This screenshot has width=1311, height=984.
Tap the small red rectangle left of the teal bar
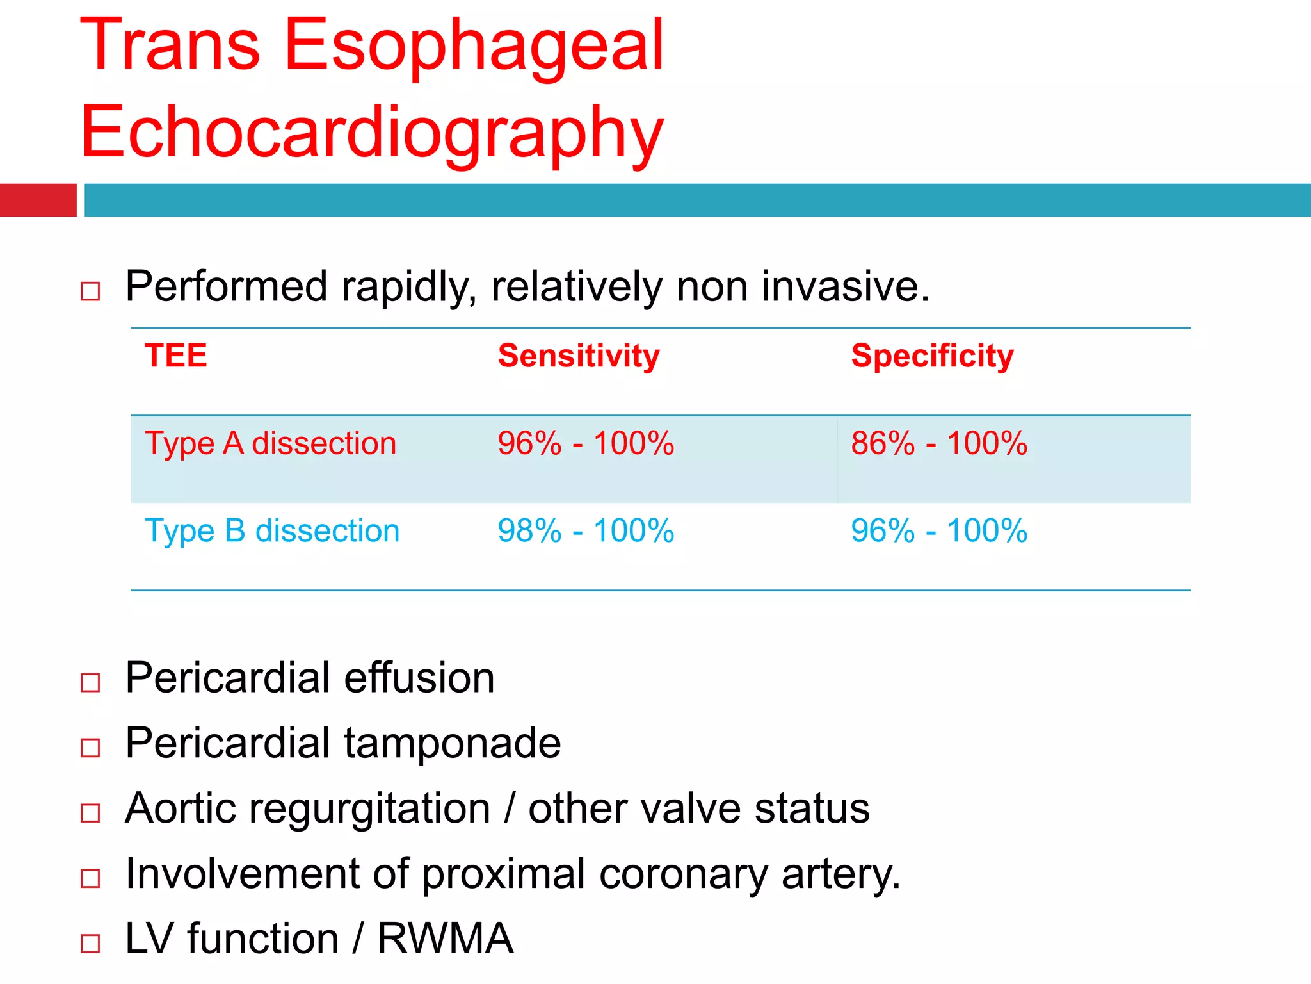tap(38, 200)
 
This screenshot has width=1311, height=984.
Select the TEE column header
tap(176, 356)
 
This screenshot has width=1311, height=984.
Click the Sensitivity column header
tap(579, 356)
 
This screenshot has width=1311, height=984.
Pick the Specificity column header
tap(933, 356)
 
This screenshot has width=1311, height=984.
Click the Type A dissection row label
tap(271, 443)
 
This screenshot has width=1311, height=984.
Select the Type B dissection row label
tap(272, 531)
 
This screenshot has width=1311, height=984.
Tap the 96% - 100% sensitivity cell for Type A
tap(586, 443)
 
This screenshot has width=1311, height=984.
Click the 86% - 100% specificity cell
tap(939, 443)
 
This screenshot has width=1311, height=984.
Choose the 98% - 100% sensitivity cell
tap(586, 531)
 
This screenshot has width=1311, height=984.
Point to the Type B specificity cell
tap(939, 531)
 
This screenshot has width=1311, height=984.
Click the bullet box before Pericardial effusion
tap(90, 682)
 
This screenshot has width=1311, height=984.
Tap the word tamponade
tap(453, 743)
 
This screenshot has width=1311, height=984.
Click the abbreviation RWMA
tap(446, 939)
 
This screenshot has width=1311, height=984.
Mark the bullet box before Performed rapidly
tap(90, 291)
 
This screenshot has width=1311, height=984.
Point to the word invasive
tap(845, 286)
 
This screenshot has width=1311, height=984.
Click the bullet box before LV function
tap(90, 943)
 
